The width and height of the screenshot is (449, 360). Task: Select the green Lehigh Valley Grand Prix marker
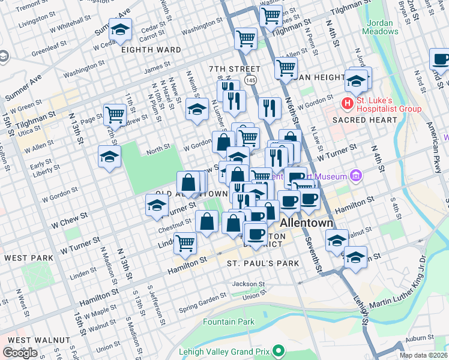[x=278, y=350]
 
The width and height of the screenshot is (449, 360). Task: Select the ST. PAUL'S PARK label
[x=263, y=263]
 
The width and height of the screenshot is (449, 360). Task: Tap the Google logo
[x=20, y=352]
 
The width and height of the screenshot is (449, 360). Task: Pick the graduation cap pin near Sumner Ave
[x=121, y=30]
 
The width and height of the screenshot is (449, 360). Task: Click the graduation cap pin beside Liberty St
[x=109, y=157]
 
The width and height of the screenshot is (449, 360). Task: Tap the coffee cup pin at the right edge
[x=441, y=60]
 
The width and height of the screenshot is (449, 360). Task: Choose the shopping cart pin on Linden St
[x=185, y=242]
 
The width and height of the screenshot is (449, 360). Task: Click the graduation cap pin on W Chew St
[x=157, y=205]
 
